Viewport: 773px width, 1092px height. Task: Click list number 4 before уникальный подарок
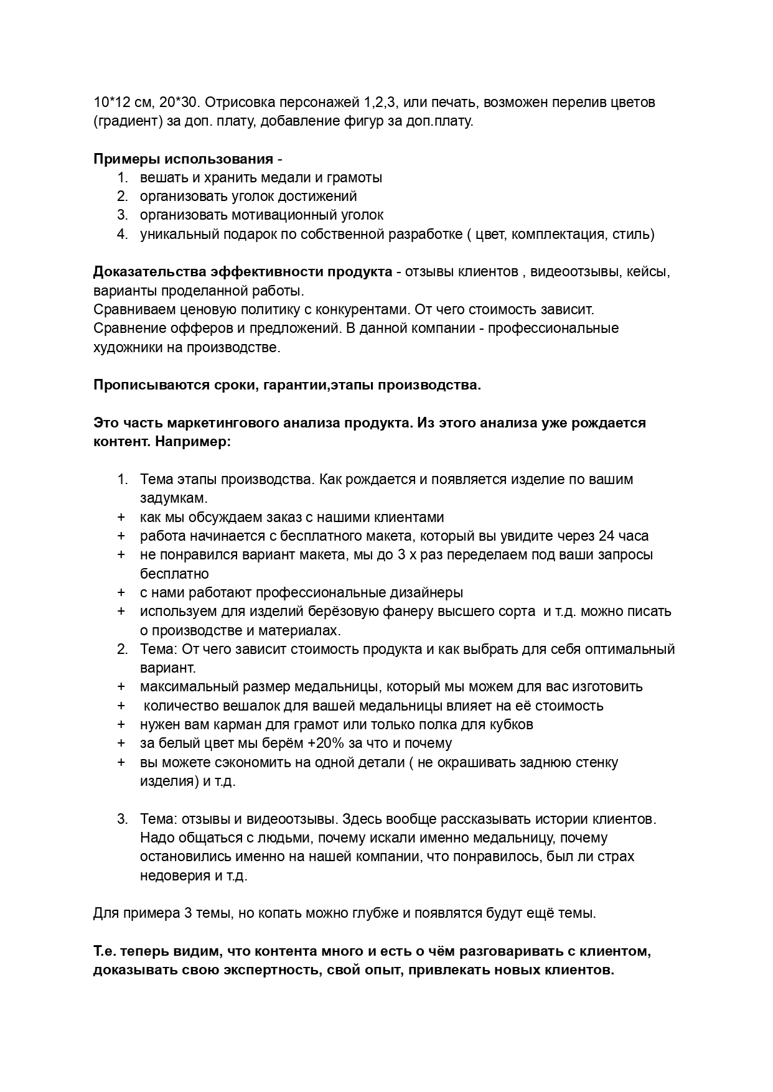click(x=123, y=234)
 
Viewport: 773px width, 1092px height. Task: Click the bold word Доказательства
click(x=149, y=272)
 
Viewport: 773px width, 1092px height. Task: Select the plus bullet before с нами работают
click(x=121, y=592)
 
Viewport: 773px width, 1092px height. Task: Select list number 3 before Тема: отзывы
click(x=123, y=819)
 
